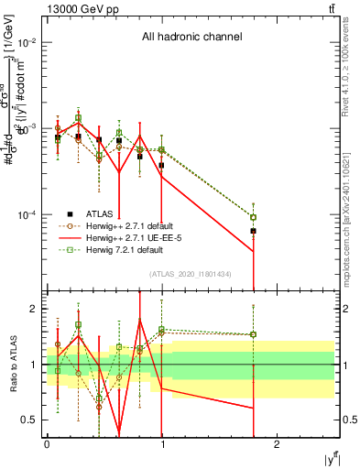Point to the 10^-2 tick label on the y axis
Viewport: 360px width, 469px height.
[28, 43]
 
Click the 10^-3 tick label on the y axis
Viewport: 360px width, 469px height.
[28, 129]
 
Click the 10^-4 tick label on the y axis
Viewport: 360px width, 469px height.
[28, 215]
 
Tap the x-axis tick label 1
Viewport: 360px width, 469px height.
[162, 444]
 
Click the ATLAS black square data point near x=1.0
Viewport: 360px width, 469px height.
[161, 165]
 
